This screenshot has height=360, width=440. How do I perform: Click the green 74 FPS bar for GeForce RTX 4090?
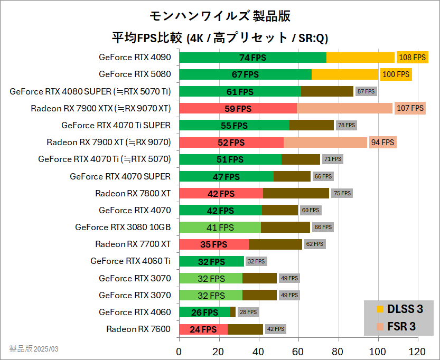coord(252,58)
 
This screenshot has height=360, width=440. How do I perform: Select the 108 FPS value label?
coord(412,58)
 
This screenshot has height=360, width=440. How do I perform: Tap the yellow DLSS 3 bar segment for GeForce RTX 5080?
coord(345,74)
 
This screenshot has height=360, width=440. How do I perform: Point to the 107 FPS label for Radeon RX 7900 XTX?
coord(410,108)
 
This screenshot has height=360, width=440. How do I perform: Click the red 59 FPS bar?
coord(238,109)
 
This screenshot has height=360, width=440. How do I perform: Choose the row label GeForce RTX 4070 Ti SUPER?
coord(116,125)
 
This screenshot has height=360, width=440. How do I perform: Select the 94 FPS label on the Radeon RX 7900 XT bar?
coord(382,143)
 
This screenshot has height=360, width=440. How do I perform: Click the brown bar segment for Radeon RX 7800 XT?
coord(296,193)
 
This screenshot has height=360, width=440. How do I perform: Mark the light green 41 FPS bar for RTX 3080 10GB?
coord(220,228)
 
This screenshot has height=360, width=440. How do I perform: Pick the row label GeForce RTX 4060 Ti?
coord(130,261)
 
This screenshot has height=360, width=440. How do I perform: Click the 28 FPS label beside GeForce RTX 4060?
coord(248,312)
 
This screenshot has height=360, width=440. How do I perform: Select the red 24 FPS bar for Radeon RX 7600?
coord(203,329)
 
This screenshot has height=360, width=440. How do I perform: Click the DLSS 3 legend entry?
coord(400,309)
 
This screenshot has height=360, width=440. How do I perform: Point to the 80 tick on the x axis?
coord(338,352)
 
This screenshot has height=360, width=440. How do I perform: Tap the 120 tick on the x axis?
coord(417,352)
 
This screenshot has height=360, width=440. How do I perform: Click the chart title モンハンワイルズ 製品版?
coord(220,16)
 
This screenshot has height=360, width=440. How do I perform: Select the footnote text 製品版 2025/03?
coord(34,349)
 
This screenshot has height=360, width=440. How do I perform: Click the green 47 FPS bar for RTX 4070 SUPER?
coord(226,176)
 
